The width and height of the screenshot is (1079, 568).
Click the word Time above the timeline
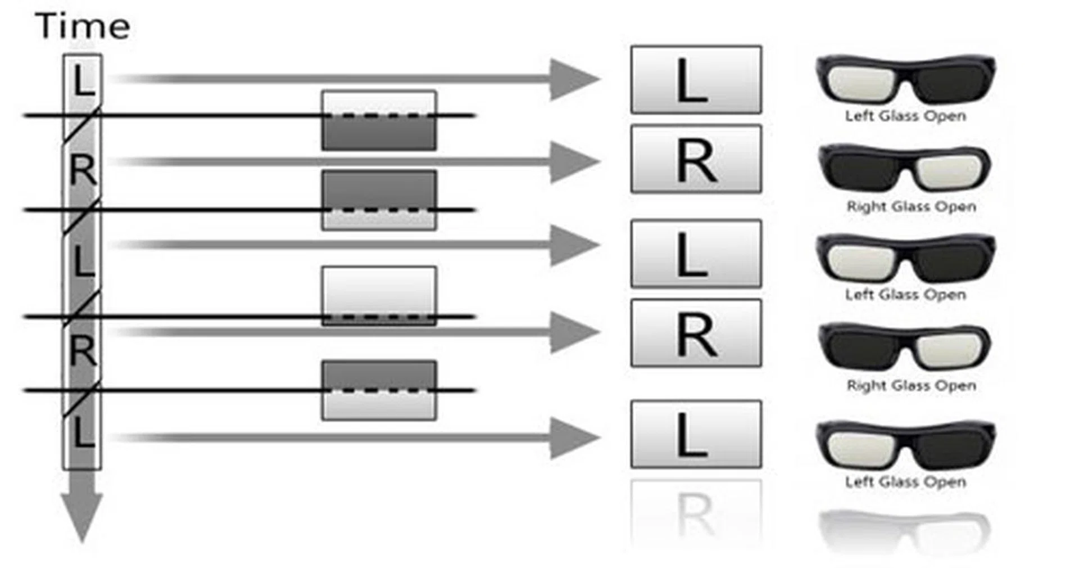[x=83, y=26]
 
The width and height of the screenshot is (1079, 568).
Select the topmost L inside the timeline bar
[x=82, y=80]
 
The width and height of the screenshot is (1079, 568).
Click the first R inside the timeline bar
[x=83, y=171]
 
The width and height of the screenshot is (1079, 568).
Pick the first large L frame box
[x=696, y=80]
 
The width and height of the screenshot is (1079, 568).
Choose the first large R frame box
[x=696, y=159]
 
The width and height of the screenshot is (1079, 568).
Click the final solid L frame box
[x=696, y=434]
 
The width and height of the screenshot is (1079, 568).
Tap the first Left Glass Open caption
[x=905, y=116]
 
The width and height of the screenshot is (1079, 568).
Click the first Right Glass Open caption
[x=911, y=206]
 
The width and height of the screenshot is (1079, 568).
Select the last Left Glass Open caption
[x=905, y=482]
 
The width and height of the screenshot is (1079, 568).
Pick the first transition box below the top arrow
[x=379, y=120]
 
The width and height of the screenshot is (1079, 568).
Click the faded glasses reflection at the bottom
[x=905, y=529]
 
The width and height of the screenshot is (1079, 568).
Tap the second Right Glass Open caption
[x=911, y=386]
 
